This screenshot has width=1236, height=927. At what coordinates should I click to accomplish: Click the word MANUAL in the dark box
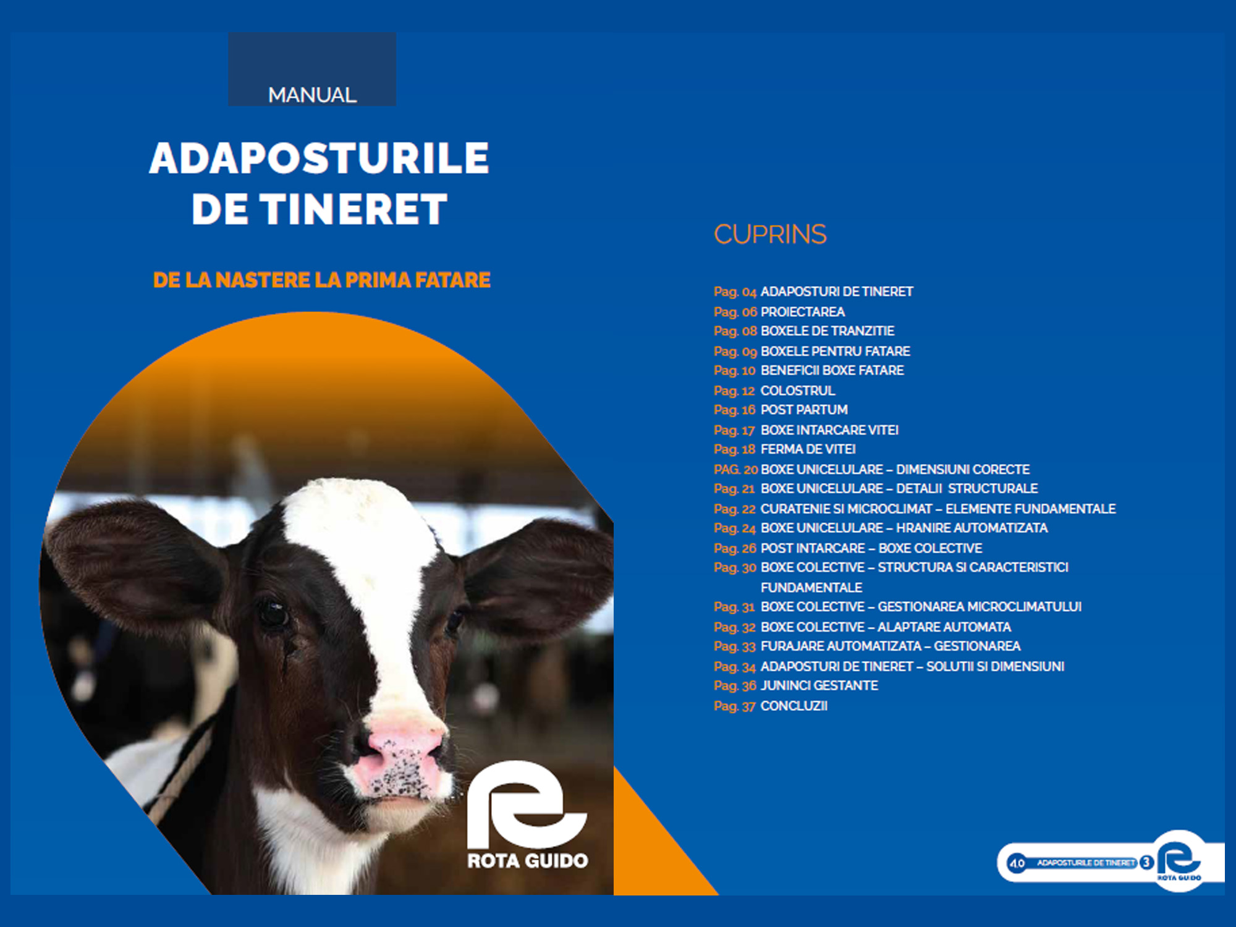tap(312, 95)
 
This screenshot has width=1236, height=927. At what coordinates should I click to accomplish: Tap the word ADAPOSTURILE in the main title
tap(319, 158)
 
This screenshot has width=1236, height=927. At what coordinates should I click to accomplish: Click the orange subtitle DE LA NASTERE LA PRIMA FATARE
tap(321, 280)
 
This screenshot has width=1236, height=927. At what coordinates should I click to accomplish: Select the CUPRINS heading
tap(770, 234)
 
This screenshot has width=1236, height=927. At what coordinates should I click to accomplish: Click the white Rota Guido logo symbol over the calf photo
tap(527, 805)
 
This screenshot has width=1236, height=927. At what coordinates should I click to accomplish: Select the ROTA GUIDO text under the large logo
tap(527, 861)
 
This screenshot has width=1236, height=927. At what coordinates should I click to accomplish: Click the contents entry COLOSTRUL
tap(797, 391)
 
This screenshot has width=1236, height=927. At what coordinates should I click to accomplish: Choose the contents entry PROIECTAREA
tap(802, 311)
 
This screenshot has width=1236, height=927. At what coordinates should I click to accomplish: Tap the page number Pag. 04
tap(735, 292)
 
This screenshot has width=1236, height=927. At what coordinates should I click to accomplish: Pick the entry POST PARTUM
tap(804, 410)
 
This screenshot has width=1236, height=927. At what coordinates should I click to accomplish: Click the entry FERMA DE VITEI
tap(808, 449)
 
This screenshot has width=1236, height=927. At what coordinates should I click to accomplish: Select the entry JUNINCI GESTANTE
tap(819, 685)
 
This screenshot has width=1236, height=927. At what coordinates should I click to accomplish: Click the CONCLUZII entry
tap(794, 706)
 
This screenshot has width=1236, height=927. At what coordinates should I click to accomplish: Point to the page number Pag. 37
tap(734, 706)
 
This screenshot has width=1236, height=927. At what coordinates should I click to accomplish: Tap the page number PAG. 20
tap(735, 470)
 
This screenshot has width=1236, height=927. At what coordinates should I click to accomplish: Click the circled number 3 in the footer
tap(1146, 862)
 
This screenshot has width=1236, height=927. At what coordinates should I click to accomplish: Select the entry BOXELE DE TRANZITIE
tap(828, 331)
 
